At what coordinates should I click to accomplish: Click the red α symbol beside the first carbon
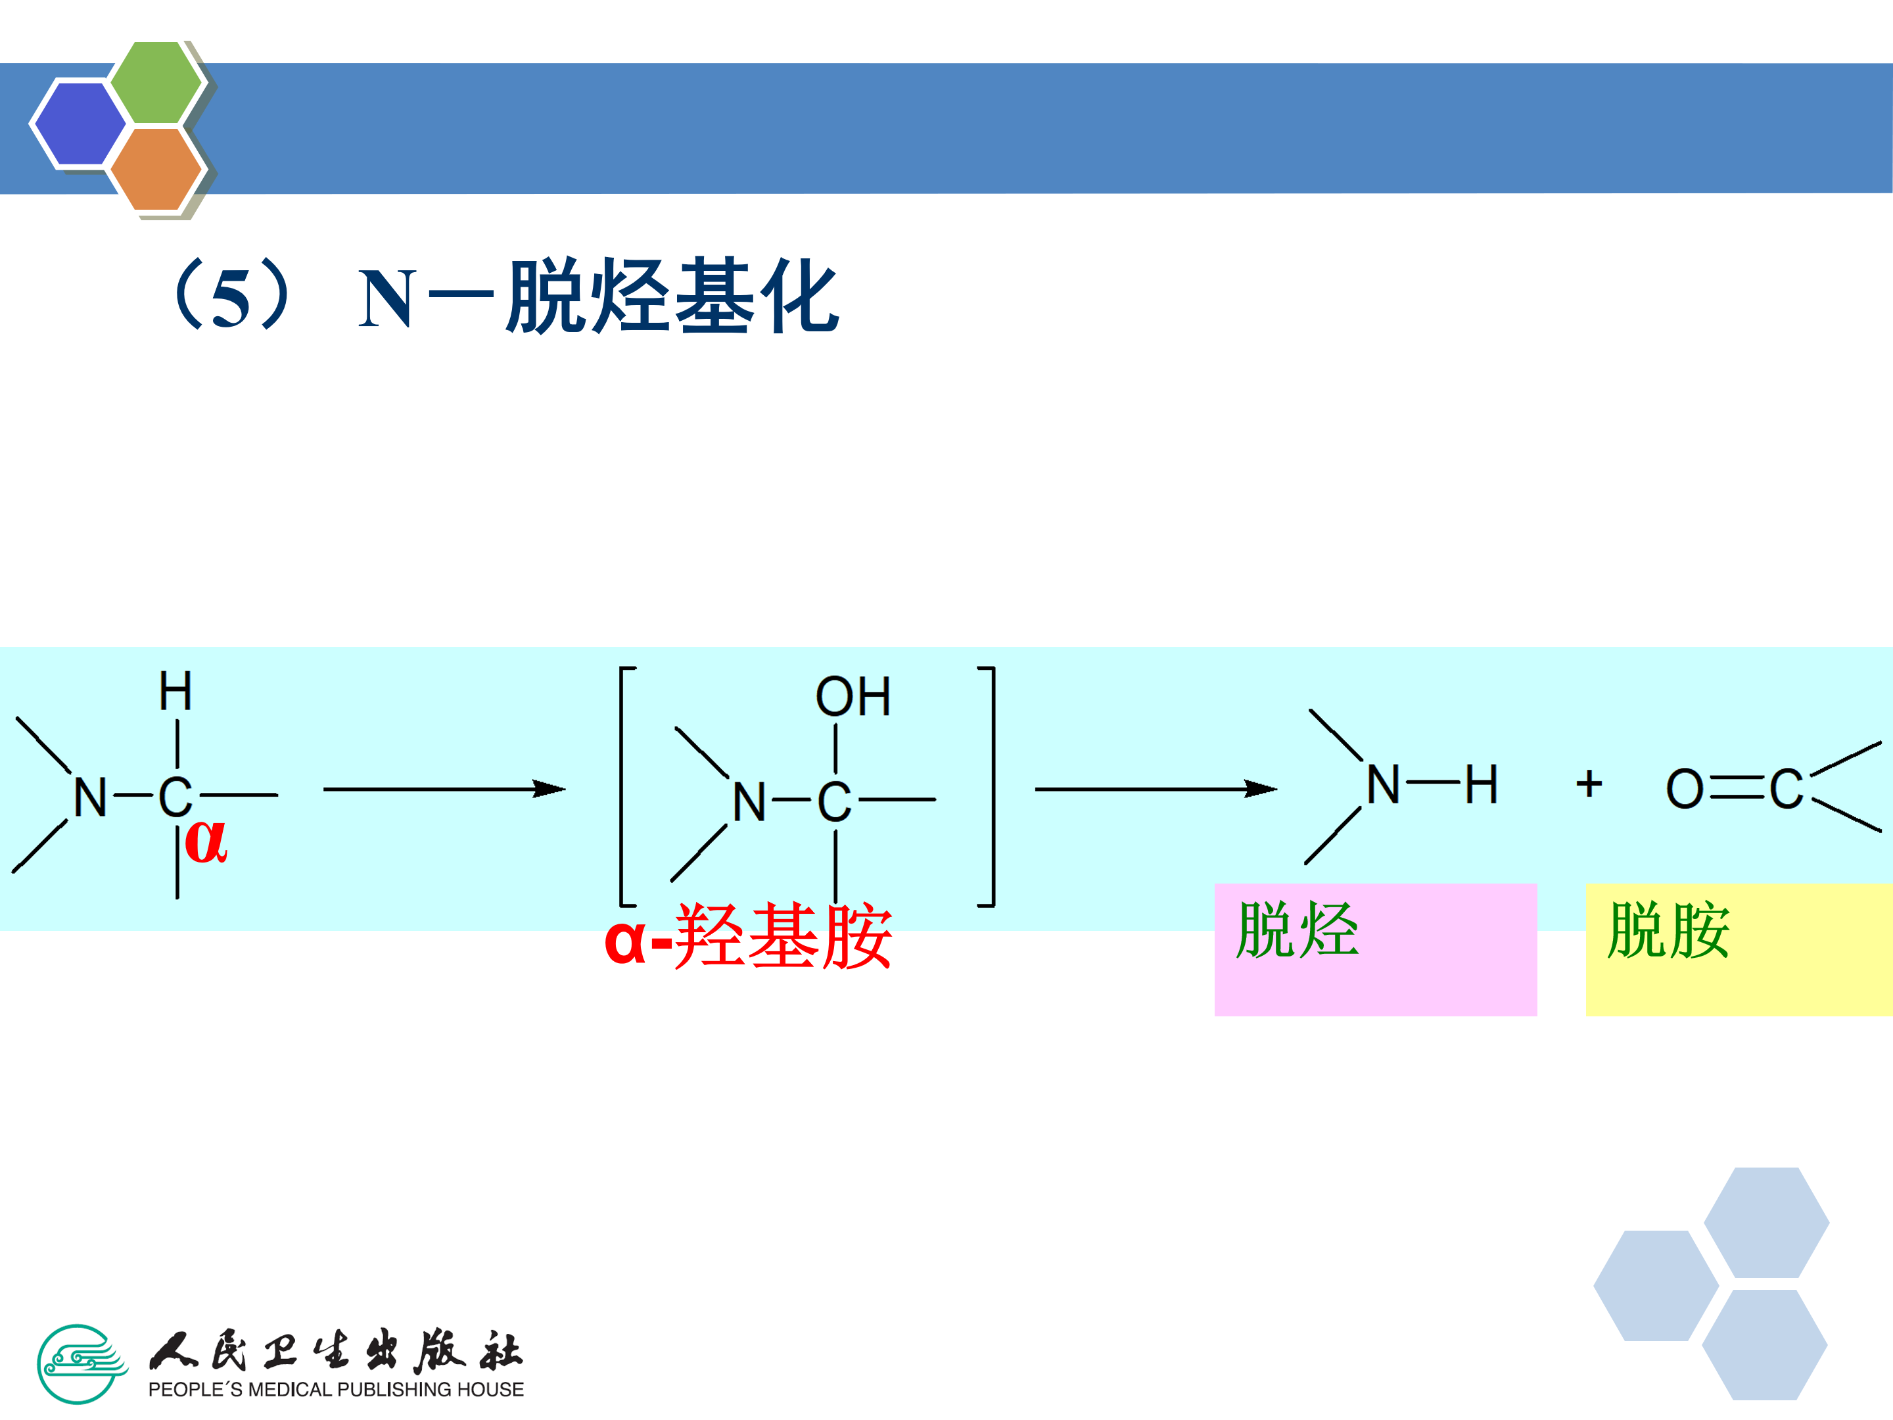point(206,841)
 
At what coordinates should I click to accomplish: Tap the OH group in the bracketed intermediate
point(853,697)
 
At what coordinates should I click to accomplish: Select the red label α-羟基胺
point(748,936)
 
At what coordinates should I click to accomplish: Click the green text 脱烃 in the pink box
point(1297,930)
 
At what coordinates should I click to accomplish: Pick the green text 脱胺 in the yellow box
point(1669,930)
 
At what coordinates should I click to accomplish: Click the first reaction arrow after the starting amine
point(444,788)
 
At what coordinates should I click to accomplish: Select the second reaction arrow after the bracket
point(1156,788)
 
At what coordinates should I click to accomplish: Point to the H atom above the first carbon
point(175,692)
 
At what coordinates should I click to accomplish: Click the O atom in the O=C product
point(1684,789)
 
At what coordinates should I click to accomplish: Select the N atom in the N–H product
point(1383,785)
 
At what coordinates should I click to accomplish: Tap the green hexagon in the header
point(156,82)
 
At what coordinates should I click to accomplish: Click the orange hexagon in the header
point(156,168)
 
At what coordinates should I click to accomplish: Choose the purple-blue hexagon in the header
point(79,123)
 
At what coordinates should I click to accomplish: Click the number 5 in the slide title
point(231,300)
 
